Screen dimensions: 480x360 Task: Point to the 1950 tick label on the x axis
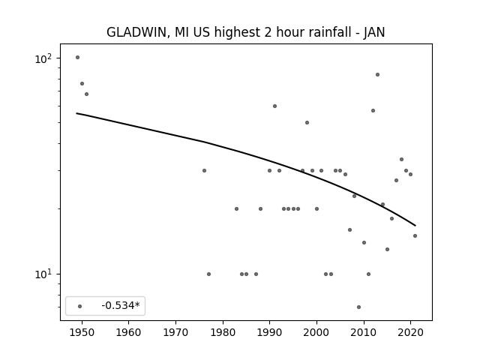[x=82, y=332]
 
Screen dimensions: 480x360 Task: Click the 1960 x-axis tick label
[x=128, y=332]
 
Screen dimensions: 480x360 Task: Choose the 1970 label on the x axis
[x=175, y=332]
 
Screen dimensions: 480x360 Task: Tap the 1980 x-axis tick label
[x=223, y=332]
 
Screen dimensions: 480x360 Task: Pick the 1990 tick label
[x=269, y=332]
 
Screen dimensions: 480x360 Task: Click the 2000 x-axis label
[x=316, y=332]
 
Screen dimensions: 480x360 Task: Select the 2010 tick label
[x=364, y=332]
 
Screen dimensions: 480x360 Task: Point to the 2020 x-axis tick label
[x=410, y=332]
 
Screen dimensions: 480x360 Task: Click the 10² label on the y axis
[x=43, y=58]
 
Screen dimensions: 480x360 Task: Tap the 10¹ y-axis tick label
[x=43, y=274]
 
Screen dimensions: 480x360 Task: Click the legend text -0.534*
[x=121, y=305]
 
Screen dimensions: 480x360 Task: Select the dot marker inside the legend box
[x=80, y=306]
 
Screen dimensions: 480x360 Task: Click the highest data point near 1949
[x=77, y=57]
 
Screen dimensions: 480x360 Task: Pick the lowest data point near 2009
[x=358, y=307]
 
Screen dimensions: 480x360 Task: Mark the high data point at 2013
[x=377, y=75]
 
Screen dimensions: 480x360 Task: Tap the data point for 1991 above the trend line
[x=274, y=106]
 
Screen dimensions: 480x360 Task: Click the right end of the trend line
[x=415, y=226]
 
